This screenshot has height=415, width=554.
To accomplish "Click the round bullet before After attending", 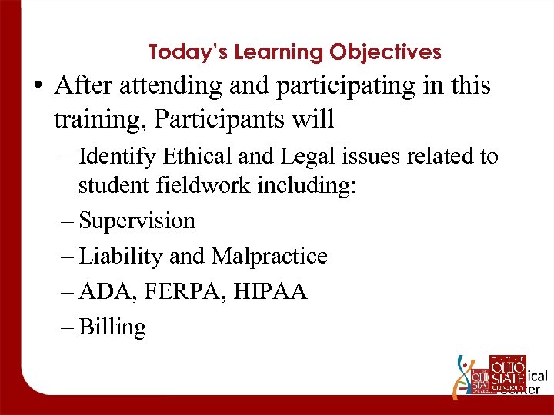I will pos(38,87).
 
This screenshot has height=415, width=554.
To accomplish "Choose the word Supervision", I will pos(137,221).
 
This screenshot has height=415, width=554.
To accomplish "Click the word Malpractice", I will pos(268,256).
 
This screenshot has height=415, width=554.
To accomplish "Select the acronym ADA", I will pos(101,292).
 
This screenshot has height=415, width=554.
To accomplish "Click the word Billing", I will pos(112,327).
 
